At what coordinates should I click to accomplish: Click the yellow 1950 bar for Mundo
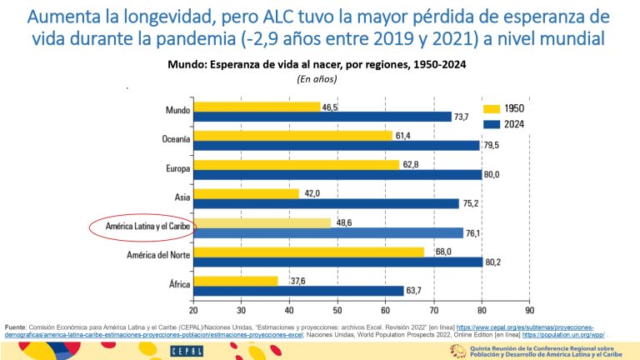click(x=257, y=107)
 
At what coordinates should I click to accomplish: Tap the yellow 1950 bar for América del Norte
click(x=308, y=252)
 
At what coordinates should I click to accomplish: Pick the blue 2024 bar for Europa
click(x=337, y=175)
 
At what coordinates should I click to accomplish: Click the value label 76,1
click(x=473, y=232)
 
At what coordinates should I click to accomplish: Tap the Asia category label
click(x=181, y=197)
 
